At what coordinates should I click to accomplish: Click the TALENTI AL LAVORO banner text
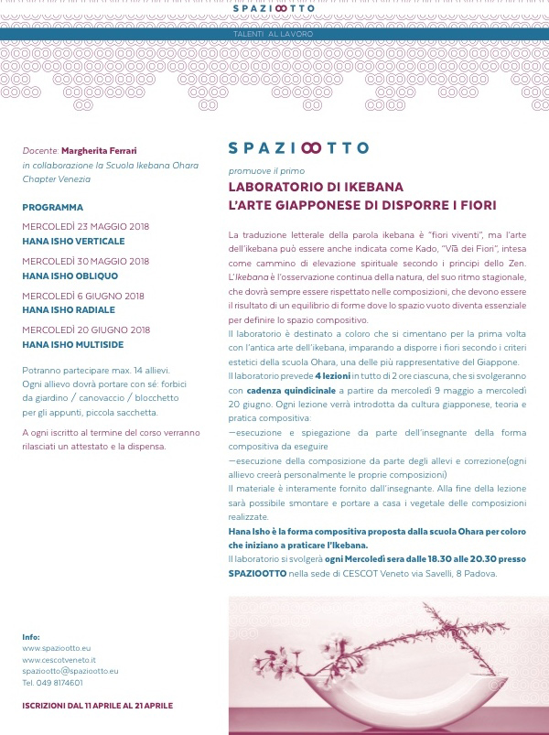tap(274, 34)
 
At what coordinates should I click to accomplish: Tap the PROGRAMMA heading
tap(52, 207)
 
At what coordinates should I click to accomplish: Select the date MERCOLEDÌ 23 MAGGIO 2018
tap(85, 226)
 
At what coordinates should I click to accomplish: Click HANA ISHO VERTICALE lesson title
tap(73, 241)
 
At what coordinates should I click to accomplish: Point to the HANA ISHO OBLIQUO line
tap(70, 276)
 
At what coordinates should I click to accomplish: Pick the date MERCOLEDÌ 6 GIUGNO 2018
tap(83, 296)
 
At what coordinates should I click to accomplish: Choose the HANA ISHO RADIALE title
tap(68, 310)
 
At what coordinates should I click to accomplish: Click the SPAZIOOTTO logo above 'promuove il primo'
tap(298, 147)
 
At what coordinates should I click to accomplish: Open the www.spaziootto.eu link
tap(56, 648)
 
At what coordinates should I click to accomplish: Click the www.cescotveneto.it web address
tap(59, 659)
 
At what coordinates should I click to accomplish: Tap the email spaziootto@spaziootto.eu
tap(70, 671)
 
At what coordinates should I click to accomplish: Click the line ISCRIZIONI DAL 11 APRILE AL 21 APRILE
tap(97, 706)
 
